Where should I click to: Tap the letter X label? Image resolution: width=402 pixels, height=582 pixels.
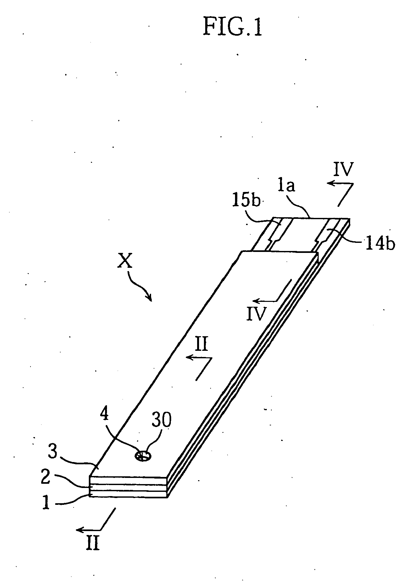(x=125, y=260)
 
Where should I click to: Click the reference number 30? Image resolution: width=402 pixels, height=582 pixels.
(x=161, y=420)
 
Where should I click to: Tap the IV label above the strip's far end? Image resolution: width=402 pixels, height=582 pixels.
(x=344, y=170)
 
